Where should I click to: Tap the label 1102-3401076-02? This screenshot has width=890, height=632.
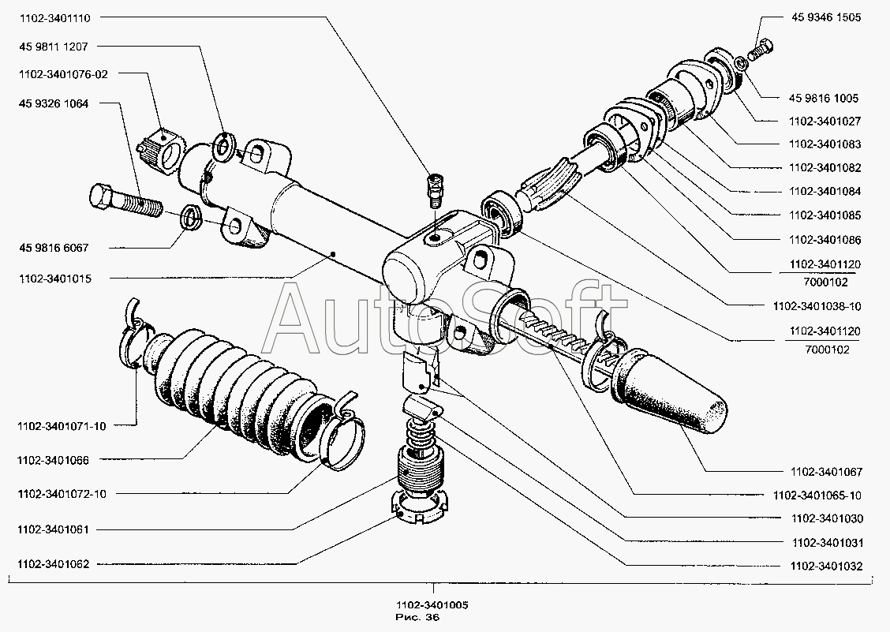tap(64, 74)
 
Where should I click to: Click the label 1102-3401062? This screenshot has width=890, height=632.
tap(56, 565)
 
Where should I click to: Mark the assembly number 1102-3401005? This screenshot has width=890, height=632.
tap(433, 605)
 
